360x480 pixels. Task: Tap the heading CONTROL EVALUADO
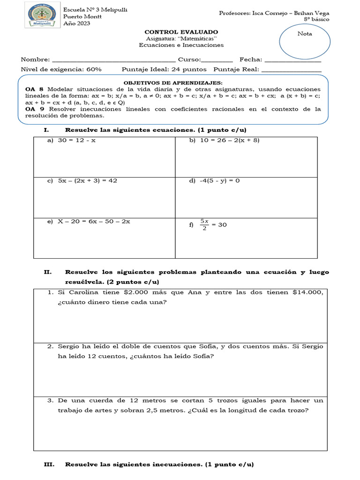181,31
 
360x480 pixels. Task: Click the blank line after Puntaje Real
291,70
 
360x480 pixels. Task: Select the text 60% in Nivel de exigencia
94,69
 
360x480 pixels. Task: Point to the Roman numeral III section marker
49,465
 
